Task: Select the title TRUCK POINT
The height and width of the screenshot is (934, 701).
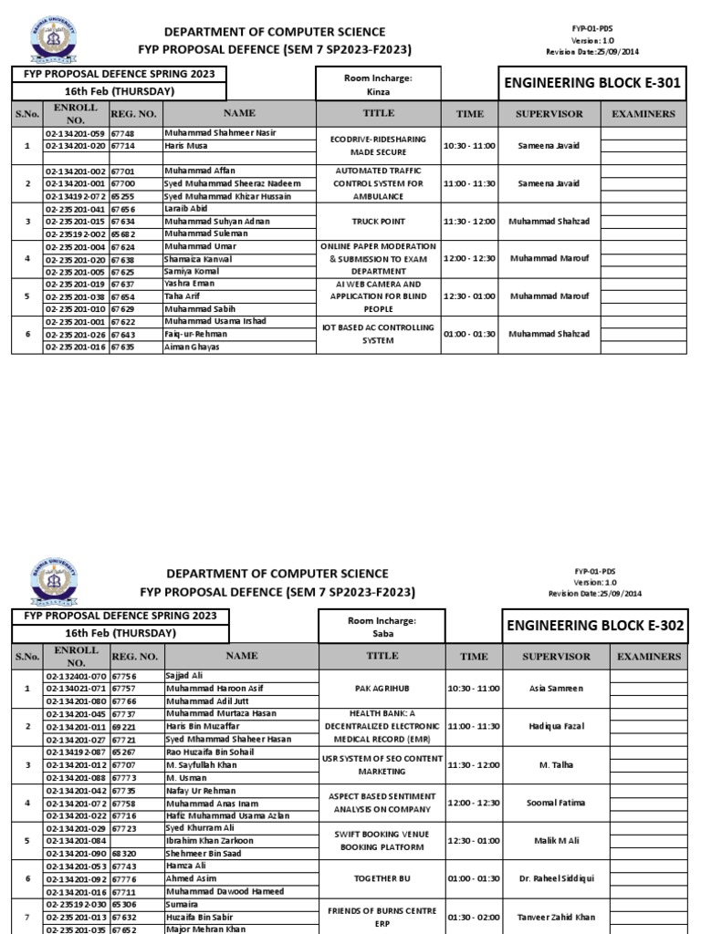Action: coord(379,222)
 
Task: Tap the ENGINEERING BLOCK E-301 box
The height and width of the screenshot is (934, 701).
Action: coord(592,84)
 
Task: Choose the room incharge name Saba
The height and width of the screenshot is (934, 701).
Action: coord(382,633)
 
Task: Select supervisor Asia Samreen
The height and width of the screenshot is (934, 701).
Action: coord(557,689)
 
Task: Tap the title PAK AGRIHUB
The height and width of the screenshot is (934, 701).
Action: coord(382,689)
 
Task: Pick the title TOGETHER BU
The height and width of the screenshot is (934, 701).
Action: coord(382,878)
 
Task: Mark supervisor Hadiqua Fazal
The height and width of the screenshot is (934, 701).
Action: coord(557,726)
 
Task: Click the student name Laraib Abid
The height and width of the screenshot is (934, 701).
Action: coord(188,208)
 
